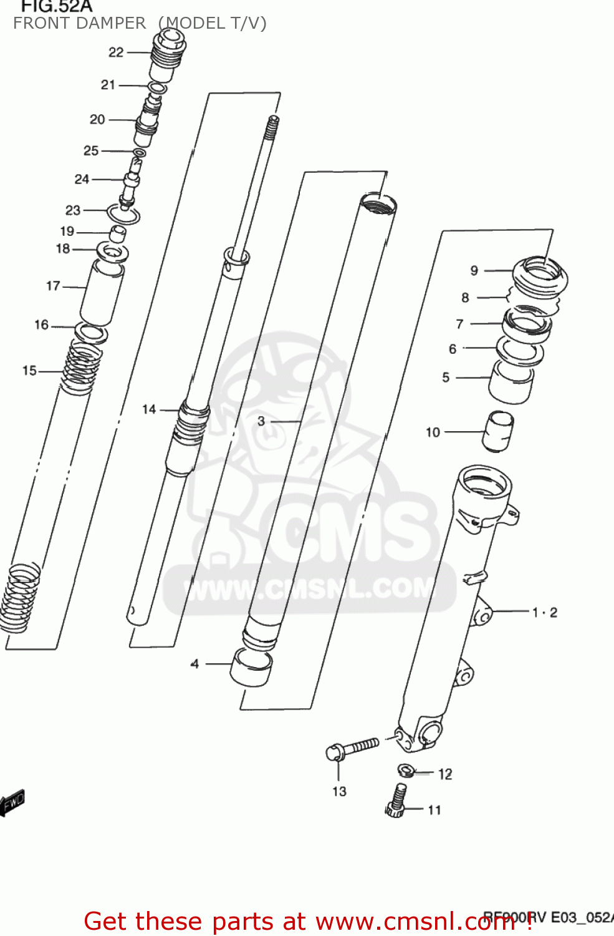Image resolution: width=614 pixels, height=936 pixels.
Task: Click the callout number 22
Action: point(116,52)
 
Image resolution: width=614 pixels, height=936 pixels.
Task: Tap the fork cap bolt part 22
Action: point(167,56)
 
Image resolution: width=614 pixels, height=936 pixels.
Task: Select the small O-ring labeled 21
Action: point(158,88)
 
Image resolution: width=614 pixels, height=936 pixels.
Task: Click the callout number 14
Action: point(149,409)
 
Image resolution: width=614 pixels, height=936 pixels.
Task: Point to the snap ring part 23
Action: point(123,215)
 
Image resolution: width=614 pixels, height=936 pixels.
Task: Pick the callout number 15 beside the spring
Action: point(29,371)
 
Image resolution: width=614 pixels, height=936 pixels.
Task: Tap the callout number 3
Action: point(261,421)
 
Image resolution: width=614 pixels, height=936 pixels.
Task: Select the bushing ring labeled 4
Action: point(251,667)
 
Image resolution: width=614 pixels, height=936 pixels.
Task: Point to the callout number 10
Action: point(433,432)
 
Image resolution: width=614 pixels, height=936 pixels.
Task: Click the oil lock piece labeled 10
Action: point(498,430)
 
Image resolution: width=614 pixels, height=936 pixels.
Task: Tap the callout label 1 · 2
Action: point(544,612)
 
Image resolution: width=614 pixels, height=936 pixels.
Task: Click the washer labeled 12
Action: point(406,771)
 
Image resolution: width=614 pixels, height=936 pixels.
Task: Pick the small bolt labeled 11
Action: point(396,801)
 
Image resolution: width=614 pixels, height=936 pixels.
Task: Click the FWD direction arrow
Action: point(12,802)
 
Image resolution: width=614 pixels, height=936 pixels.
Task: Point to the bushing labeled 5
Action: point(511,381)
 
